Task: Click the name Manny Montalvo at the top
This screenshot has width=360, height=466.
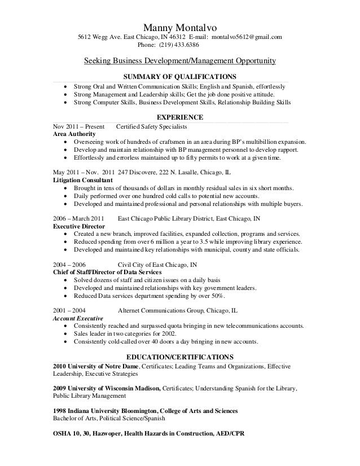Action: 179,27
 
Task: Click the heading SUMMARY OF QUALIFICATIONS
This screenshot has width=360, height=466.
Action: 179,77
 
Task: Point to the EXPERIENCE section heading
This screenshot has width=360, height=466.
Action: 179,117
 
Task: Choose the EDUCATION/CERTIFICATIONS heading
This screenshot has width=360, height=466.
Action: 179,357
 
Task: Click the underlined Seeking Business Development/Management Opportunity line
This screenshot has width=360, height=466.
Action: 179,60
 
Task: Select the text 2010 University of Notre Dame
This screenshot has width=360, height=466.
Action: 95,366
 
